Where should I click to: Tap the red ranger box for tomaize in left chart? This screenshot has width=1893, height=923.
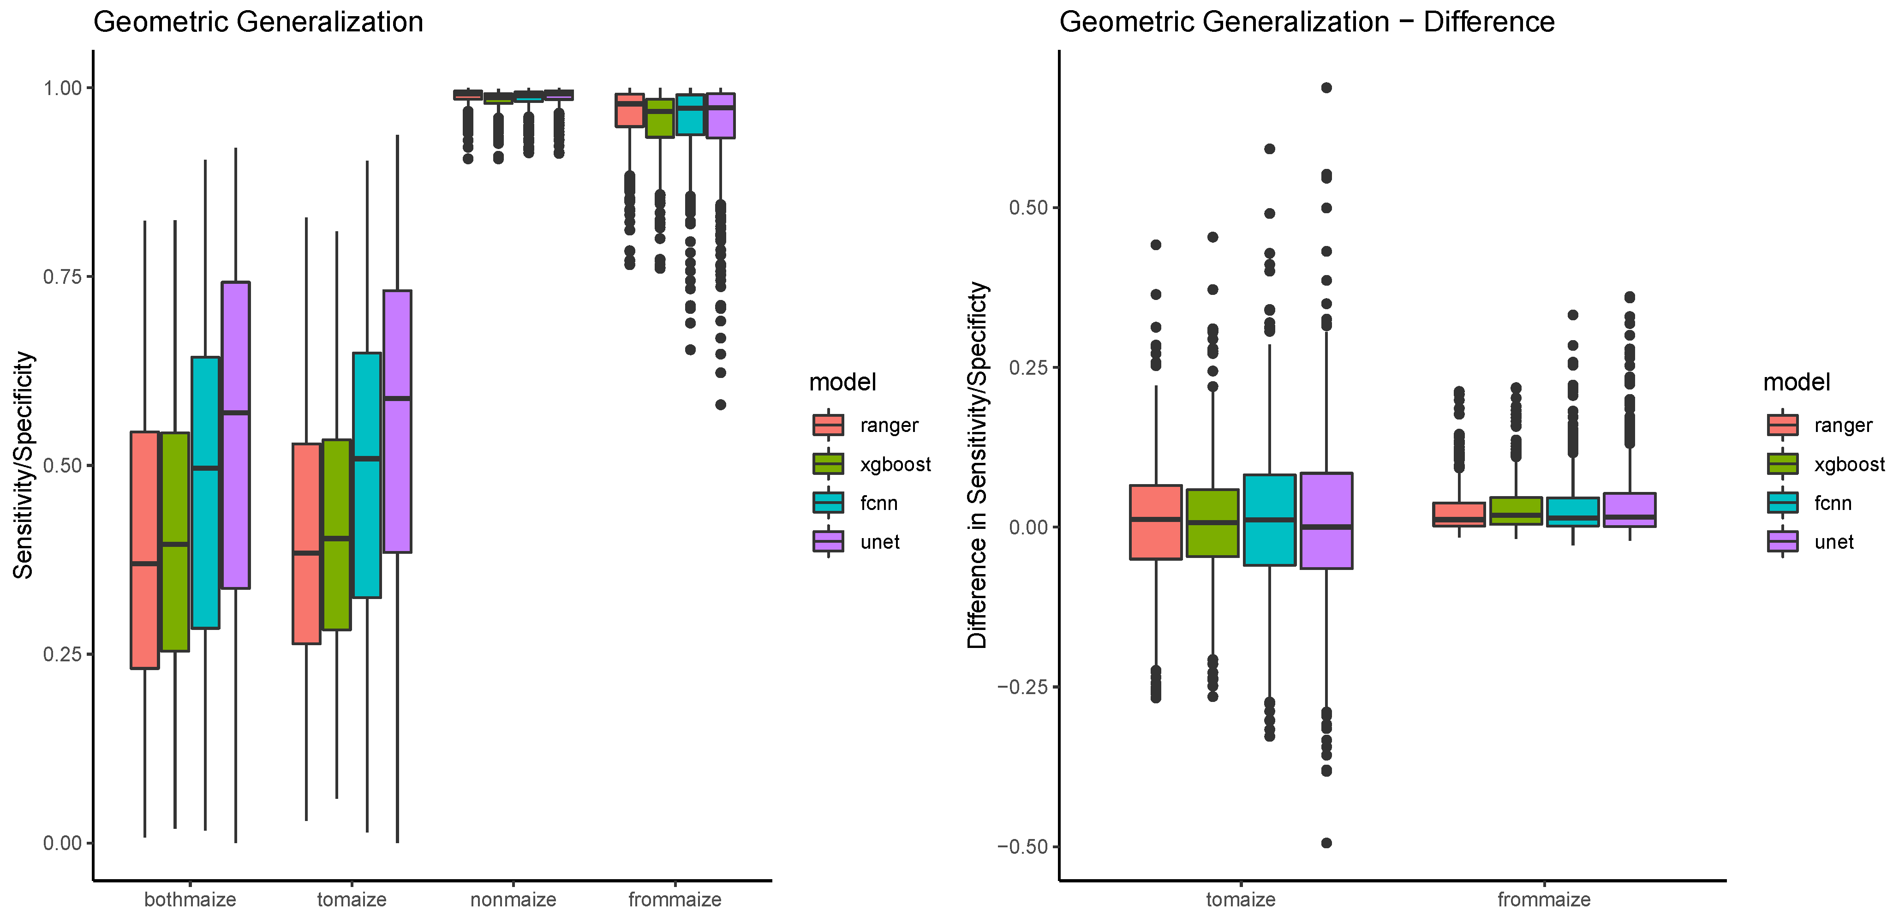[x=306, y=544]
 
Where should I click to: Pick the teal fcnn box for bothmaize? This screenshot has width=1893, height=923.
[x=205, y=492]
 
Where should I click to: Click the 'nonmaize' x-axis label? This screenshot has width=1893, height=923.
[x=513, y=899]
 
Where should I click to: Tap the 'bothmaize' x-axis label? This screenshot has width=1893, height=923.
[x=190, y=899]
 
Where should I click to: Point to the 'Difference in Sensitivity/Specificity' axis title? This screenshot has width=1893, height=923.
[x=977, y=465]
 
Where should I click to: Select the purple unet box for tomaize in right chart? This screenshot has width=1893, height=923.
[x=1326, y=520]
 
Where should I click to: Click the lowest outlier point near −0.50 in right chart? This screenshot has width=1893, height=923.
[x=1326, y=843]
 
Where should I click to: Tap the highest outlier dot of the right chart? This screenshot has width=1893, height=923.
[x=1326, y=87]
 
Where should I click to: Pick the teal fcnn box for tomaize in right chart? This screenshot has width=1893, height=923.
[x=1269, y=520]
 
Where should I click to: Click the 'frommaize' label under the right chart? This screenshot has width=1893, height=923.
[x=1544, y=899]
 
